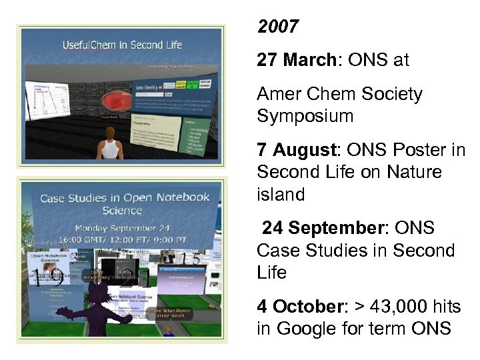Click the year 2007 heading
coord(278,28)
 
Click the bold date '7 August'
coord(301,150)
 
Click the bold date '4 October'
coord(299,307)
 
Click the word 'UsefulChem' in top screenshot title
coord(89,45)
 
